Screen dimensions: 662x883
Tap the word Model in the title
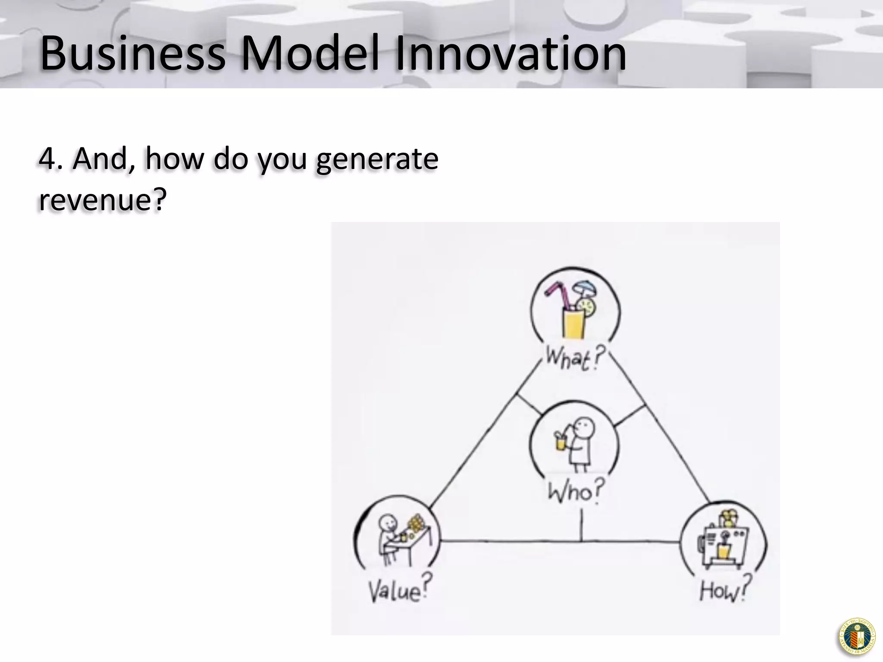point(310,53)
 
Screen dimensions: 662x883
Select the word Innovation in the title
point(510,53)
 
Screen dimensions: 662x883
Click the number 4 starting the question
point(47,159)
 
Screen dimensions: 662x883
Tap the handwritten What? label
point(573,358)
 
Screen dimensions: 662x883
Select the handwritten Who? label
point(575,491)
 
